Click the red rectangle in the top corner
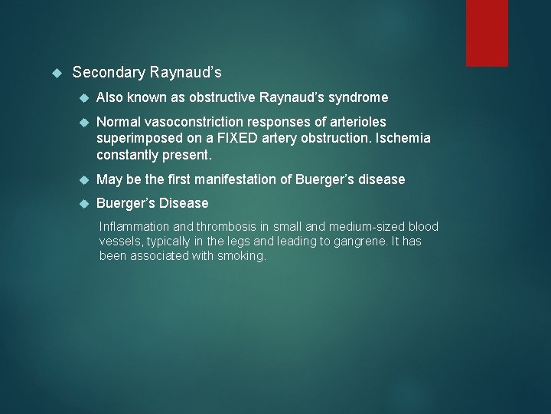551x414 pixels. [487, 32]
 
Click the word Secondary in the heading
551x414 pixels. [108, 73]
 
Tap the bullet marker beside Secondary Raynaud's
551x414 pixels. [54, 73]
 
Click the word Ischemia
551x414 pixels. [403, 138]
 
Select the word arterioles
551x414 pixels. [358, 122]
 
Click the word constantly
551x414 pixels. [126, 154]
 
